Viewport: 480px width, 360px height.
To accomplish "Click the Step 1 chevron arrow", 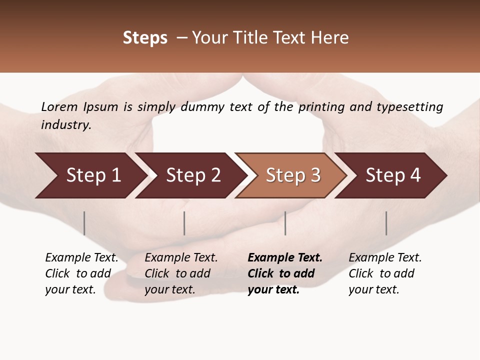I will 93,175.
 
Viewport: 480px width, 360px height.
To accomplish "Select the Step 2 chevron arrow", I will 193,175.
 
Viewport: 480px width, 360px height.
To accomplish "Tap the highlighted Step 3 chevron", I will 293,175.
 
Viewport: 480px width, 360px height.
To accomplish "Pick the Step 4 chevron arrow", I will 393,175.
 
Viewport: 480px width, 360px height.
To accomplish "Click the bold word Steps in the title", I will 145,38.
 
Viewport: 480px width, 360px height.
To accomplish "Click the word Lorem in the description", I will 59,107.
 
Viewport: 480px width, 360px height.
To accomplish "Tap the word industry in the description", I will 66,125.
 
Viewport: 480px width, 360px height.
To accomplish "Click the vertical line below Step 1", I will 84,223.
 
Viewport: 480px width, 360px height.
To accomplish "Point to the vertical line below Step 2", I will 184,223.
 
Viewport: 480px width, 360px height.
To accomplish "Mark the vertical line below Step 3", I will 285,223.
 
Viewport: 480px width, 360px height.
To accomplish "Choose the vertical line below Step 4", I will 386,223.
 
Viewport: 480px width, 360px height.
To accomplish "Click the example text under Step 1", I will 81,273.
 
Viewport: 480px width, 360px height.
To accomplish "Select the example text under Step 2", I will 181,273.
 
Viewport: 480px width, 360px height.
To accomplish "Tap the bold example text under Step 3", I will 285,273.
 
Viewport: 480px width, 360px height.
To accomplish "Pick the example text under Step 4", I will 385,273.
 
